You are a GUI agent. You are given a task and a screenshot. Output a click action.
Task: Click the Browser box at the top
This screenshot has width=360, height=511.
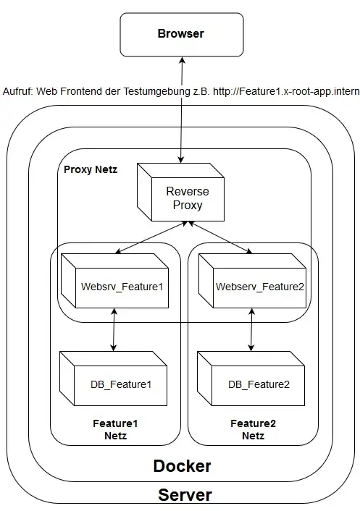point(182,35)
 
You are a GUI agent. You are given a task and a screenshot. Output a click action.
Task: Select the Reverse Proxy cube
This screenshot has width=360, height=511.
point(180,193)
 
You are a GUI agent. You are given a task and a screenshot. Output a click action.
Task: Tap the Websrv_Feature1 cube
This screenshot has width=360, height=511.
point(114,281)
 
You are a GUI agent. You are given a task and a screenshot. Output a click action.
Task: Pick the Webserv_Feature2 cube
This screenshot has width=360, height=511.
point(252,281)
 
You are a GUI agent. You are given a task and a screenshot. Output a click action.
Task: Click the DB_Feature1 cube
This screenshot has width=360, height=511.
point(114,379)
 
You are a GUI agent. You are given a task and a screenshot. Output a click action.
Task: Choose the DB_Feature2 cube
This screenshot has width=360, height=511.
point(251,379)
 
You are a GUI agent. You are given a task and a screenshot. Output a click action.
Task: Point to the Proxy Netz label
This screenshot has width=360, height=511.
point(91,169)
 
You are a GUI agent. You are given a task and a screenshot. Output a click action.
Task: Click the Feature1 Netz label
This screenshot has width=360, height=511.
point(115,429)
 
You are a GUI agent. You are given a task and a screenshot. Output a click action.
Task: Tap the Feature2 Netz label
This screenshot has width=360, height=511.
point(253,429)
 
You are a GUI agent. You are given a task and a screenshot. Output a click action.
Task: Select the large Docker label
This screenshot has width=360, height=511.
point(182,466)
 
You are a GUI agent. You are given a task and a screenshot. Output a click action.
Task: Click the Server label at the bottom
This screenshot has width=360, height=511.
point(185,494)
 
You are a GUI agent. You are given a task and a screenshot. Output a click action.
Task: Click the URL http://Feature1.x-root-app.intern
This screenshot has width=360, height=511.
point(286,91)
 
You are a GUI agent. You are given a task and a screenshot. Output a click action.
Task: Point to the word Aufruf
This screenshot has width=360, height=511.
point(18,91)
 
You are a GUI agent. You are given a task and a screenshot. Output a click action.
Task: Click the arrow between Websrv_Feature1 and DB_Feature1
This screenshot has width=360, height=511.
point(114,329)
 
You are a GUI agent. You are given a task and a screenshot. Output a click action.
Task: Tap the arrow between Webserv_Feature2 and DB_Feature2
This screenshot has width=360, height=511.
point(251,329)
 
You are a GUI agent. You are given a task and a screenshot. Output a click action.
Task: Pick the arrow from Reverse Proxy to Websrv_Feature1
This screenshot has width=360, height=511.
point(151,237)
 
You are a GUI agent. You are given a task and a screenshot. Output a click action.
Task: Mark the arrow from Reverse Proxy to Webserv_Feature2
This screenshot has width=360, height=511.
point(219,237)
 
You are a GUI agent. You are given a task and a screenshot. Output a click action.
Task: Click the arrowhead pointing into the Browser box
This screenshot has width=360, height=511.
point(183,61)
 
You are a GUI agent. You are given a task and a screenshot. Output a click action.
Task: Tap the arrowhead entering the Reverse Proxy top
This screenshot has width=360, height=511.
point(181,160)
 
